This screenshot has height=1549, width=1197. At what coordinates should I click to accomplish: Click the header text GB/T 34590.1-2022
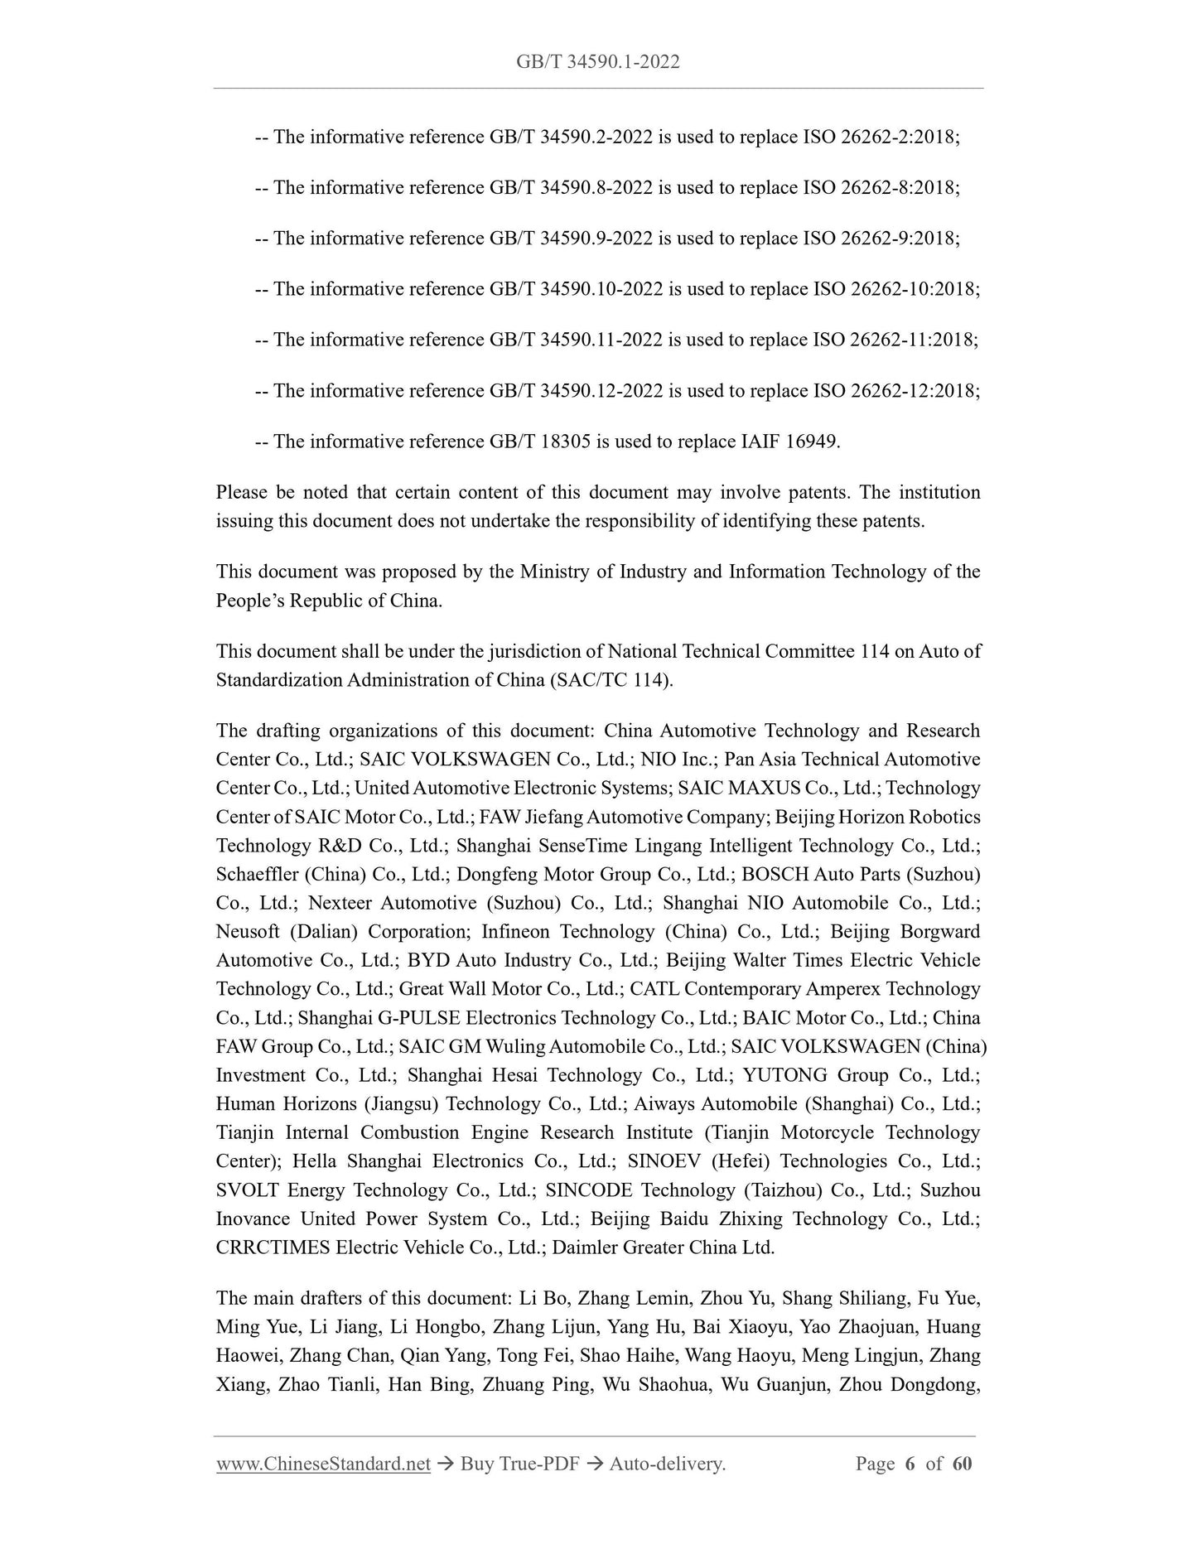(x=597, y=62)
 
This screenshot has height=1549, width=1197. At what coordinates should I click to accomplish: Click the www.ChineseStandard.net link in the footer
(x=323, y=1464)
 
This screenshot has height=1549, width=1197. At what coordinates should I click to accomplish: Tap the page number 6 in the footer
(x=910, y=1464)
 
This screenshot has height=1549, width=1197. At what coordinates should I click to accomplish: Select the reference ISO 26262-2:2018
(x=881, y=138)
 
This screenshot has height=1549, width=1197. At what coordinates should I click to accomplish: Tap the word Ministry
(x=551, y=572)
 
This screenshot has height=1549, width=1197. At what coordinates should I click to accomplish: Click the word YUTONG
(x=784, y=1075)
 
